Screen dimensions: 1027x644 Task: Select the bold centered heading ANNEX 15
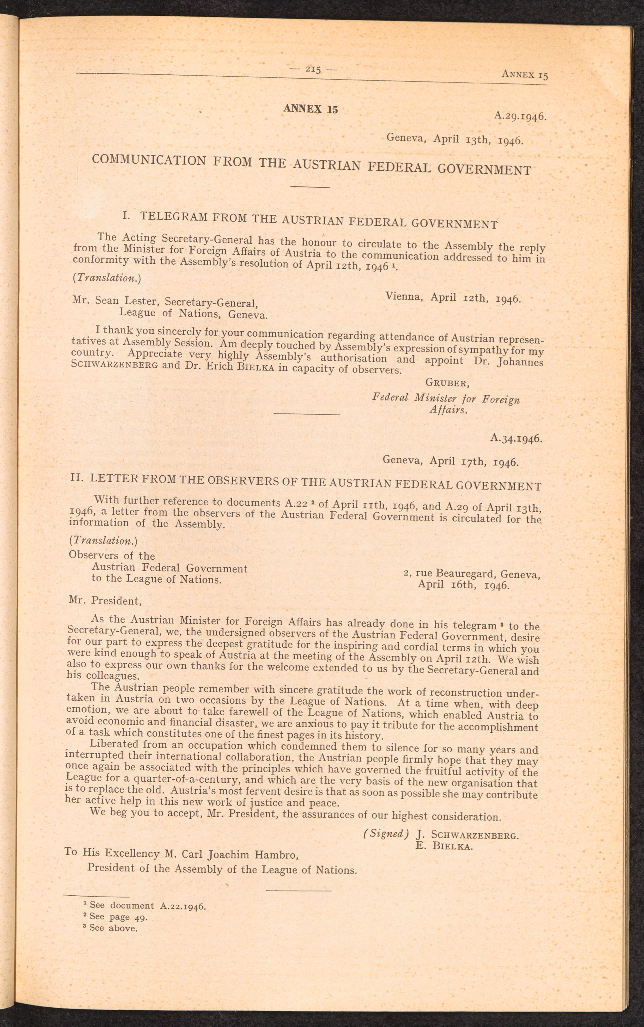(310, 109)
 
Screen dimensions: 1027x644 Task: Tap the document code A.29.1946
(520, 115)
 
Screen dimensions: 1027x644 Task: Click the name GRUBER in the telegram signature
(447, 383)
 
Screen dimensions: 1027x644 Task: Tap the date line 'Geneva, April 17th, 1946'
(450, 461)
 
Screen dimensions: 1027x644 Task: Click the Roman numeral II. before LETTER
(76, 477)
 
